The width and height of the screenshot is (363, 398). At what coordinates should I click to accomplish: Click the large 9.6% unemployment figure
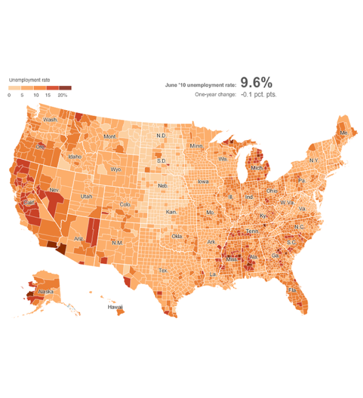256,83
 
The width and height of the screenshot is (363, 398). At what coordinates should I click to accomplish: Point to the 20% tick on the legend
63,95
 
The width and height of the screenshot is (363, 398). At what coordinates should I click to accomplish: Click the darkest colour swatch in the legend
65,88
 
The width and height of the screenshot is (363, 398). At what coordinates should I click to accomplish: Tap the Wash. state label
50,120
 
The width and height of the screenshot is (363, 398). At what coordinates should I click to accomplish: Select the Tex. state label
163,270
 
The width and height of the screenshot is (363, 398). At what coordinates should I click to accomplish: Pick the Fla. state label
292,290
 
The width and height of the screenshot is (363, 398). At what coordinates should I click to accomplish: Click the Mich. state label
256,168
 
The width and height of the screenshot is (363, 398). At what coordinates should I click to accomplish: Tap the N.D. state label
162,135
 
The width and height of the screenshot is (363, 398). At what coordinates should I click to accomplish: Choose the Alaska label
45,292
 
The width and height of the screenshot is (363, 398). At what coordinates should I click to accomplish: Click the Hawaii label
115,307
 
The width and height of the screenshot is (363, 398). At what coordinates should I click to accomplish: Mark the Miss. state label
232,259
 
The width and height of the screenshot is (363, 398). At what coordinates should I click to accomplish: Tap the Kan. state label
171,212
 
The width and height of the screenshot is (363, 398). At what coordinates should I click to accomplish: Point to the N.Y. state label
314,160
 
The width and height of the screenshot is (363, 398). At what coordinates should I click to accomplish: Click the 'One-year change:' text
215,94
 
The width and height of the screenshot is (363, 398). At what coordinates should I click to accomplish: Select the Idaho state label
75,156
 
